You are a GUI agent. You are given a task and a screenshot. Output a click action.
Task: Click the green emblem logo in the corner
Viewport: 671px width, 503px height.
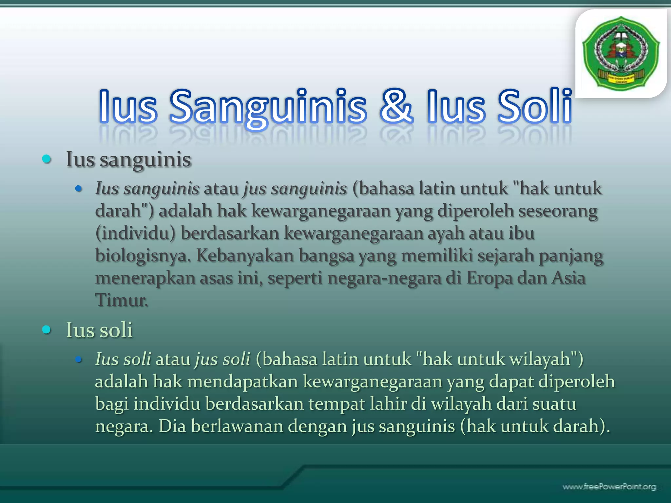621,53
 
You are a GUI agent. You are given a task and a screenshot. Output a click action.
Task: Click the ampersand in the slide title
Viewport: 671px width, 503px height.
396,106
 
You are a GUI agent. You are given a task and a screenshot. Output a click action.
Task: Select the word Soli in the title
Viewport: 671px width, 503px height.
534,106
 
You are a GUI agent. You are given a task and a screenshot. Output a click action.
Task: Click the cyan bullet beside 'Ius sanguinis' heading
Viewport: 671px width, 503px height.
47,159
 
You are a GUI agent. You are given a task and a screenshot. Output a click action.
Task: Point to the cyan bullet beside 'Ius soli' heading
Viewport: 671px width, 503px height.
47,329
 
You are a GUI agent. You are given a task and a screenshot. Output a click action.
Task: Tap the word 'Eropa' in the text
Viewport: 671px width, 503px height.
489,278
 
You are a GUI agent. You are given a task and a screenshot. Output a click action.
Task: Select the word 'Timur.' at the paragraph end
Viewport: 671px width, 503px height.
122,300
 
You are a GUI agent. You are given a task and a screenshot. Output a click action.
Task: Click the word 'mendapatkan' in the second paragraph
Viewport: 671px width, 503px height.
242,382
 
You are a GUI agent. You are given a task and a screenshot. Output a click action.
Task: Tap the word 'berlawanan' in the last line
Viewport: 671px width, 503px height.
237,426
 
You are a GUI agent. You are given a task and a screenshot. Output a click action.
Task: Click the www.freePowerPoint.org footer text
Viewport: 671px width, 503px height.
609,487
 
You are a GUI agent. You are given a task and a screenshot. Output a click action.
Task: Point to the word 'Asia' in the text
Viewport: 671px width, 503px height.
568,278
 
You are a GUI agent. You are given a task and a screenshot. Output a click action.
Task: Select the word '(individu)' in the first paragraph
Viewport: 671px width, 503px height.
135,233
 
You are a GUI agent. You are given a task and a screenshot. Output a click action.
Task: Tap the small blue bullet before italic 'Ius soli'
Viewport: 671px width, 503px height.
78,360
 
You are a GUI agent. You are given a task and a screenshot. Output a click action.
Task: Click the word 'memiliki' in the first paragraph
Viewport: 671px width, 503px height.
437,256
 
